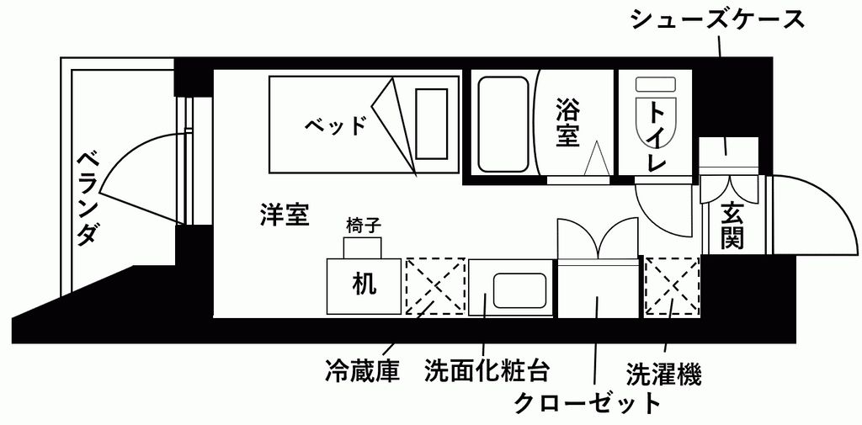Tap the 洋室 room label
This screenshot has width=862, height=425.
pos(284,215)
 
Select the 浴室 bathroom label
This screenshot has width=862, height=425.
pos(569,123)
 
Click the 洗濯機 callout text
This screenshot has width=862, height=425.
pos(663,371)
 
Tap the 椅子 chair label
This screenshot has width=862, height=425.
pos(364,226)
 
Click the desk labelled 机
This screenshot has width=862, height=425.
pos(364,284)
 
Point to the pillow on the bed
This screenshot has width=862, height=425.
pos(431,123)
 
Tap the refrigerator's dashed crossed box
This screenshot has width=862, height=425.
pos(435,286)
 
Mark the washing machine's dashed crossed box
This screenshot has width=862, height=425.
pos(672,286)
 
